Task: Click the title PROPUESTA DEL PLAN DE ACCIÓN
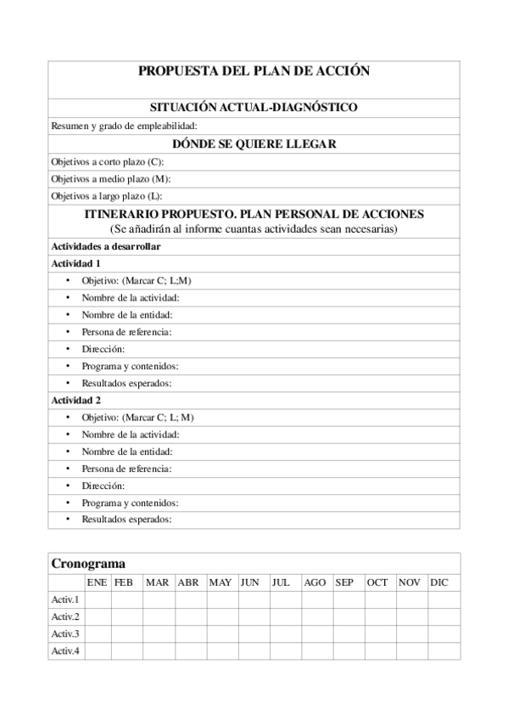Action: [254, 71]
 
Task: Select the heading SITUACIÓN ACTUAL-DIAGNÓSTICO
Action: [254, 108]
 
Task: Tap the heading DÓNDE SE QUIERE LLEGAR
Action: [254, 143]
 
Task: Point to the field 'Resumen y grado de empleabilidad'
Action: [124, 126]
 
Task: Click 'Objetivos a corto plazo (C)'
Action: [108, 161]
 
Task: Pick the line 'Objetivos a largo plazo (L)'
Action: [107, 196]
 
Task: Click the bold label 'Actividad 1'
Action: [76, 263]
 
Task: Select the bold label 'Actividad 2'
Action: [76, 400]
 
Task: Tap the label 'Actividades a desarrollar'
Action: [106, 246]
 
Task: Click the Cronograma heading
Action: [88, 564]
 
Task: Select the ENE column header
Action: [98, 582]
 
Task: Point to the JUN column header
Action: [250, 582]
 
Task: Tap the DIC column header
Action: [439, 582]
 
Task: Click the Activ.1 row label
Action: [65, 600]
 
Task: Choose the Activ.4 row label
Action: [65, 651]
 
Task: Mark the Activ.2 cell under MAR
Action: [159, 617]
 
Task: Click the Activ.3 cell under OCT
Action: [379, 634]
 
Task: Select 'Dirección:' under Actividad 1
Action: [103, 349]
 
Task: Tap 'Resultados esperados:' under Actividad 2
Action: [126, 519]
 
